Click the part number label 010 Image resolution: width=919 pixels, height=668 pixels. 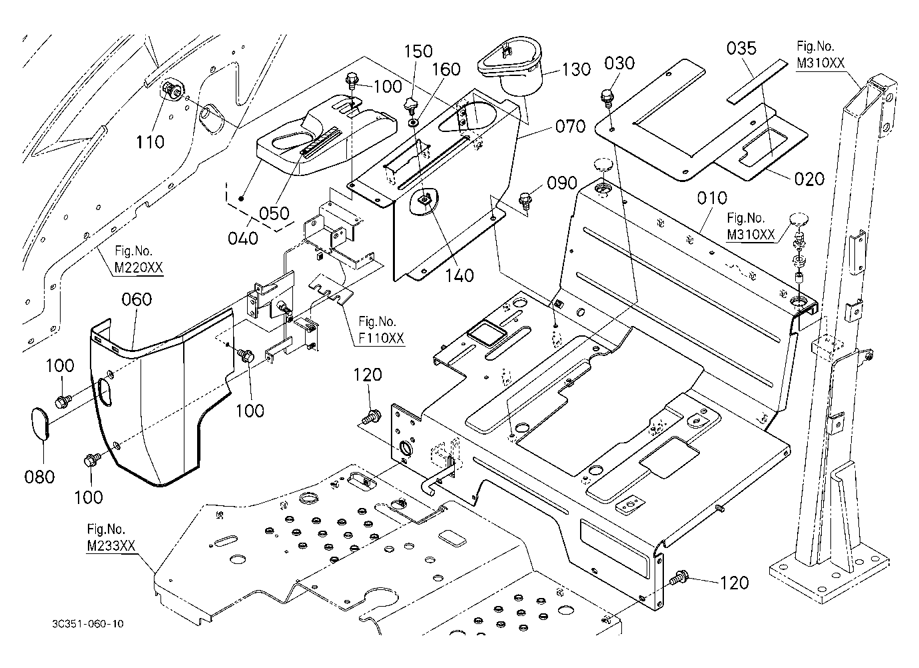[x=712, y=198]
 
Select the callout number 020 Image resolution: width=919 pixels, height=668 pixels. [x=809, y=179]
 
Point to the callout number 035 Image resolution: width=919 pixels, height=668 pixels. [x=741, y=49]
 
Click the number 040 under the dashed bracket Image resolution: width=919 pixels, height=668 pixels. [x=243, y=239]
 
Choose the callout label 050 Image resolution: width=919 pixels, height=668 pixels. [x=274, y=213]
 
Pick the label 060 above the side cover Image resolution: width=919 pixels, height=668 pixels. [x=137, y=299]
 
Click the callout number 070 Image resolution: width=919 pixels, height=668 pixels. [x=570, y=126]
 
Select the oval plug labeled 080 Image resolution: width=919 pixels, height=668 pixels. [x=40, y=423]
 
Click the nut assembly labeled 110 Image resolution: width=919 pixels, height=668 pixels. [x=170, y=89]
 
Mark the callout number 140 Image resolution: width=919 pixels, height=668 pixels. [x=459, y=275]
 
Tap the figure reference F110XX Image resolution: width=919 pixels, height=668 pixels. [x=381, y=339]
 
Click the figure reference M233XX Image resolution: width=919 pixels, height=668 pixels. [x=111, y=546]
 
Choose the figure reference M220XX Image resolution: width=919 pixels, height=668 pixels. [x=139, y=268]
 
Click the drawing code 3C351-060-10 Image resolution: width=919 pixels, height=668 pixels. [x=88, y=624]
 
